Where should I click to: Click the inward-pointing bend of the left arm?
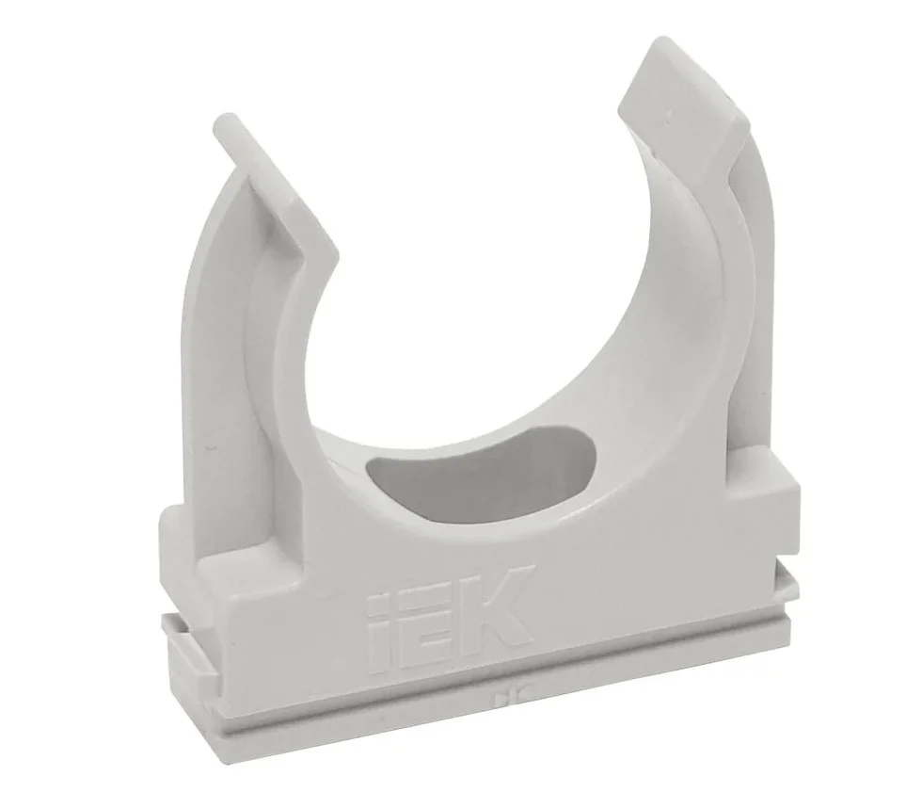click(x=328, y=258)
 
